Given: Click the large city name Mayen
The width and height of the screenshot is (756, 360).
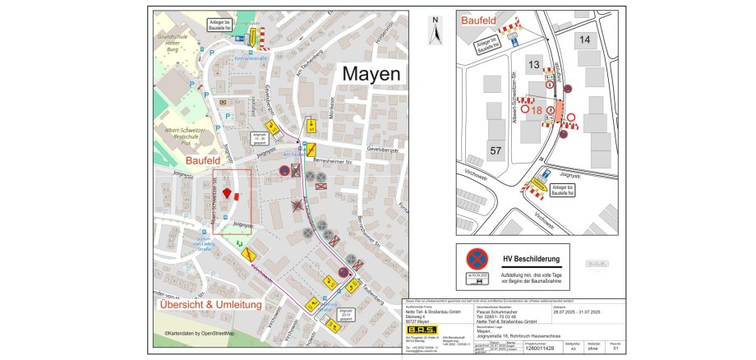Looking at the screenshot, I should [x=371, y=73].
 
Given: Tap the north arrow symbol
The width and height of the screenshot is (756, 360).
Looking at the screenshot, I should [x=436, y=32].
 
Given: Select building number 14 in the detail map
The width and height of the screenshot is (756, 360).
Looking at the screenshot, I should [x=584, y=39].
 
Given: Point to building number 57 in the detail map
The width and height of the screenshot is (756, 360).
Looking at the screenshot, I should [x=495, y=150].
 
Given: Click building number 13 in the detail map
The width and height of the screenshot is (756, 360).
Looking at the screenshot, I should [x=532, y=65].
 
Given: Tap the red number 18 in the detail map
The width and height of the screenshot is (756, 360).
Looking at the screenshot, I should [x=537, y=110].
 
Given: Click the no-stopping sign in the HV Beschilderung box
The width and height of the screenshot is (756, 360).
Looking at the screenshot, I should [x=477, y=258].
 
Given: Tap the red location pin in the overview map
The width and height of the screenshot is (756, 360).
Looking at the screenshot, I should [x=227, y=193].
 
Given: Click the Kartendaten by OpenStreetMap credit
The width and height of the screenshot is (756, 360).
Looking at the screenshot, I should [x=199, y=333].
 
